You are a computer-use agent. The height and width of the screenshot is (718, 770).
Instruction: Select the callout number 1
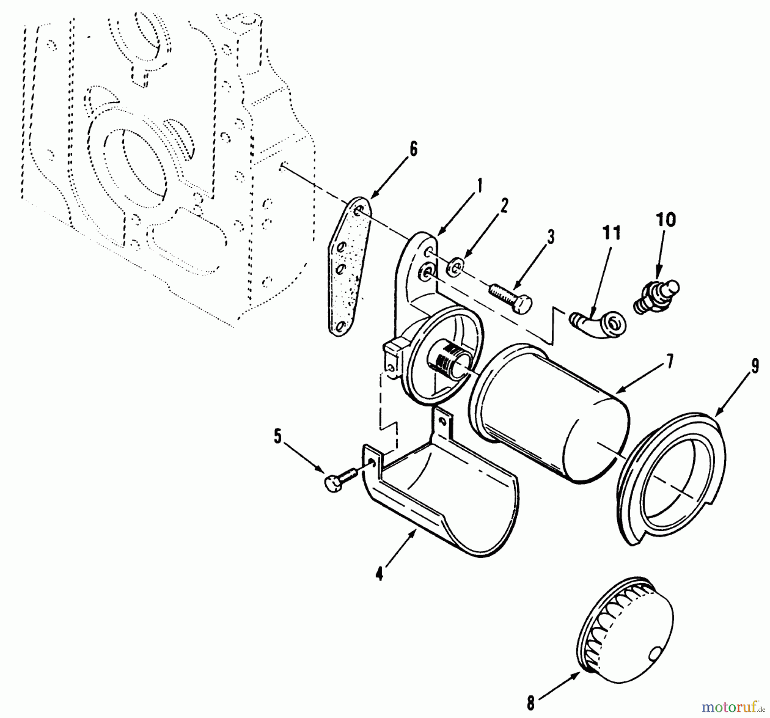[480, 186]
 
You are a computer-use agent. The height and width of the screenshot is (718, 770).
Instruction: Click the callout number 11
[611, 233]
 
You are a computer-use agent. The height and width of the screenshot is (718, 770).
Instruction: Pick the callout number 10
[666, 220]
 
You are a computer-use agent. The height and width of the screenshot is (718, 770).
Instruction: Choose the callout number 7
[669, 362]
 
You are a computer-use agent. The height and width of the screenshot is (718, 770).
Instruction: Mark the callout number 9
[755, 367]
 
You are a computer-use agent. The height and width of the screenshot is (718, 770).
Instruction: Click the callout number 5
[278, 436]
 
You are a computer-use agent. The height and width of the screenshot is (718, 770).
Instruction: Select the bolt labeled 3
[511, 297]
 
